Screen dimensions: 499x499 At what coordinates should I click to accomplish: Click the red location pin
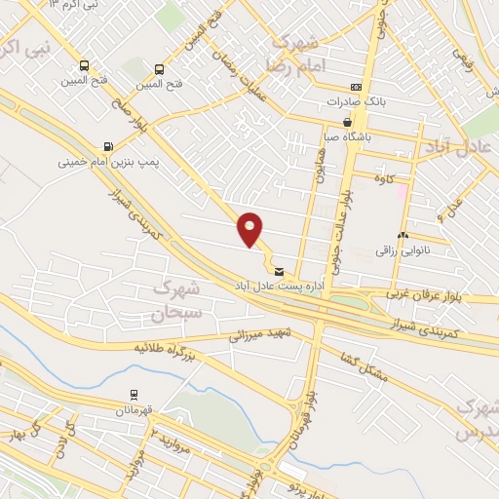point(250,228)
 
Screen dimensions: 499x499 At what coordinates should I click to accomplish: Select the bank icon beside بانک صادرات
point(357,87)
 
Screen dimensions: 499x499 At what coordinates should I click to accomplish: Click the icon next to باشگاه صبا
point(348,123)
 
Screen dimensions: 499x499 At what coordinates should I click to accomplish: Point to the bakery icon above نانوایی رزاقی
point(403,236)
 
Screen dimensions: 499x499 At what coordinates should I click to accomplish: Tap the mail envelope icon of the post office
point(281,271)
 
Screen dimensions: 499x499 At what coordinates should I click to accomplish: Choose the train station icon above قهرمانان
point(134,395)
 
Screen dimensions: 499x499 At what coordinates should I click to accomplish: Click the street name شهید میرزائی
point(253,336)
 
